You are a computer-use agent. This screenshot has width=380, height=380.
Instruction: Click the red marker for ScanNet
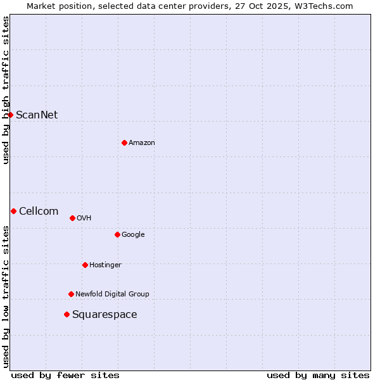coord(11,115)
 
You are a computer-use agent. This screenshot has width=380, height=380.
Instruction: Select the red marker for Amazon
coord(124,142)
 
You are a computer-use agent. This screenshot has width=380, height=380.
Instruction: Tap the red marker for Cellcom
coord(13,211)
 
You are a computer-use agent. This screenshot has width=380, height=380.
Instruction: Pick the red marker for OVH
coord(72,218)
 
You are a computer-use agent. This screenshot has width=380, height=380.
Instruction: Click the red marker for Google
coord(117,234)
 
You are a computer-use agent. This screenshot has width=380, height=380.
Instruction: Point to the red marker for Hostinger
coord(85,265)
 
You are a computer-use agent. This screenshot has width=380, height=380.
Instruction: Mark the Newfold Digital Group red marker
coord(71,294)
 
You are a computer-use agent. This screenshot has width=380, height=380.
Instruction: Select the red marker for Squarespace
coord(66,314)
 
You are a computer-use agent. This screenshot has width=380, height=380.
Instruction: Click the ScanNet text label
coord(37,115)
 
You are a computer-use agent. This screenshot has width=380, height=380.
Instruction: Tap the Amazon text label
coord(142,143)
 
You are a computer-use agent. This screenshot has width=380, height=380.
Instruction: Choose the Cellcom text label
coord(39,211)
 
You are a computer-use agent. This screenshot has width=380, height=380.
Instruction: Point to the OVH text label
coord(84,218)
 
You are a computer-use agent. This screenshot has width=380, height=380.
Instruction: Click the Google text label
coord(133,235)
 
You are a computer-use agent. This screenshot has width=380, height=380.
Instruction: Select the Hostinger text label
coord(105,265)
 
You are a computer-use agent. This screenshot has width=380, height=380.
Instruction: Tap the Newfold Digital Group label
coord(112,294)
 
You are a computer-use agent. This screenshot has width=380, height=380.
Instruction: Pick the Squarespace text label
coord(104,315)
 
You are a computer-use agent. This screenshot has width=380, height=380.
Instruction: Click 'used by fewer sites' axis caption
coord(65,375)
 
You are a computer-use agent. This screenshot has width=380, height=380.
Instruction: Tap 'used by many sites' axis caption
coord(318,375)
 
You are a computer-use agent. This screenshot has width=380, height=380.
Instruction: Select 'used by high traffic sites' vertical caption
coord(6,90)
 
